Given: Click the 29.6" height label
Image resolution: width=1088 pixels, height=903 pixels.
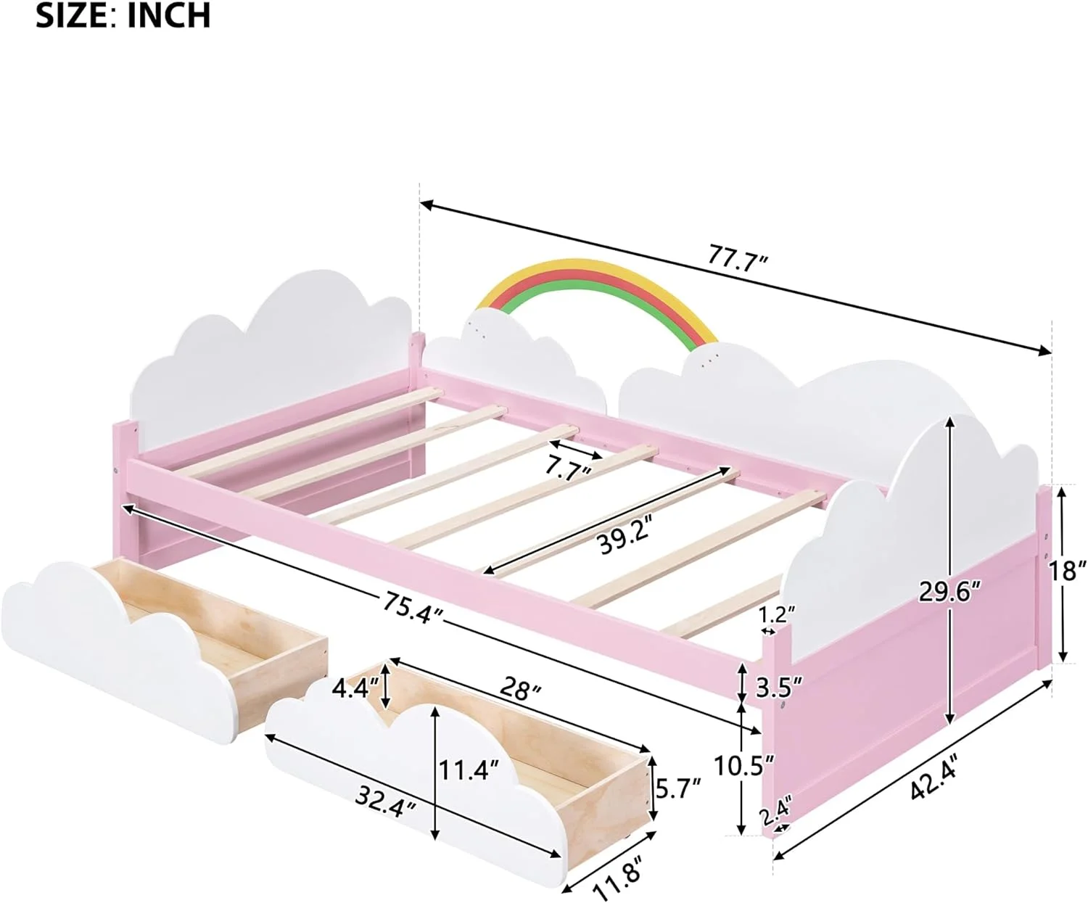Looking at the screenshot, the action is coord(950,592).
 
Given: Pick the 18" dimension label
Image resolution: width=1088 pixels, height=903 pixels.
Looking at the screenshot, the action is coord(1067,571).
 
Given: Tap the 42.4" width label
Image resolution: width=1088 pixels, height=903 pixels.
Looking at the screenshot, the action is coord(935,776).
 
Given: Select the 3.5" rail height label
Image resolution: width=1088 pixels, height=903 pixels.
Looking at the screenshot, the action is coord(779,686).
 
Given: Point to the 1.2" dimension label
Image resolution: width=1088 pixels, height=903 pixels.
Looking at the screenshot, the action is coord(777,615).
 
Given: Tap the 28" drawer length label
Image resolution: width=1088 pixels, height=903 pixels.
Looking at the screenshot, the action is coord(520,690).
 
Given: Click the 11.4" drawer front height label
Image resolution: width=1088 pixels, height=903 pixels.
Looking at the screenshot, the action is coord(469,769).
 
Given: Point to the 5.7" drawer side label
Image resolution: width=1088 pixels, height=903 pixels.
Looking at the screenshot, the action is coord(678,787).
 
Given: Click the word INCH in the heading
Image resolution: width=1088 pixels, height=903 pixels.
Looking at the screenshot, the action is coord(169,16).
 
